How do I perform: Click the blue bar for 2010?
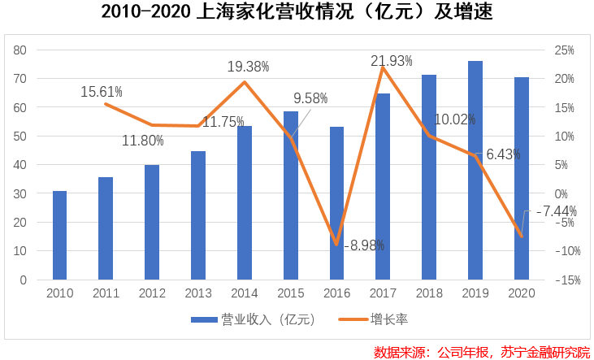[x=59, y=236]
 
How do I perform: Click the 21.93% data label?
[x=391, y=60]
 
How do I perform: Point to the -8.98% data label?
[x=363, y=244]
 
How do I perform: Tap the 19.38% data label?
[x=248, y=67]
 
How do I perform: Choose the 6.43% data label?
[x=508, y=154]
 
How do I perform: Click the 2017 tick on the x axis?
[x=383, y=293]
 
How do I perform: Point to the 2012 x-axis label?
[x=152, y=293]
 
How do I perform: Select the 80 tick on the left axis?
[x=20, y=50]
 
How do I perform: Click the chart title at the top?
[x=297, y=13]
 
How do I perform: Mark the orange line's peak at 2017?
[x=383, y=67]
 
